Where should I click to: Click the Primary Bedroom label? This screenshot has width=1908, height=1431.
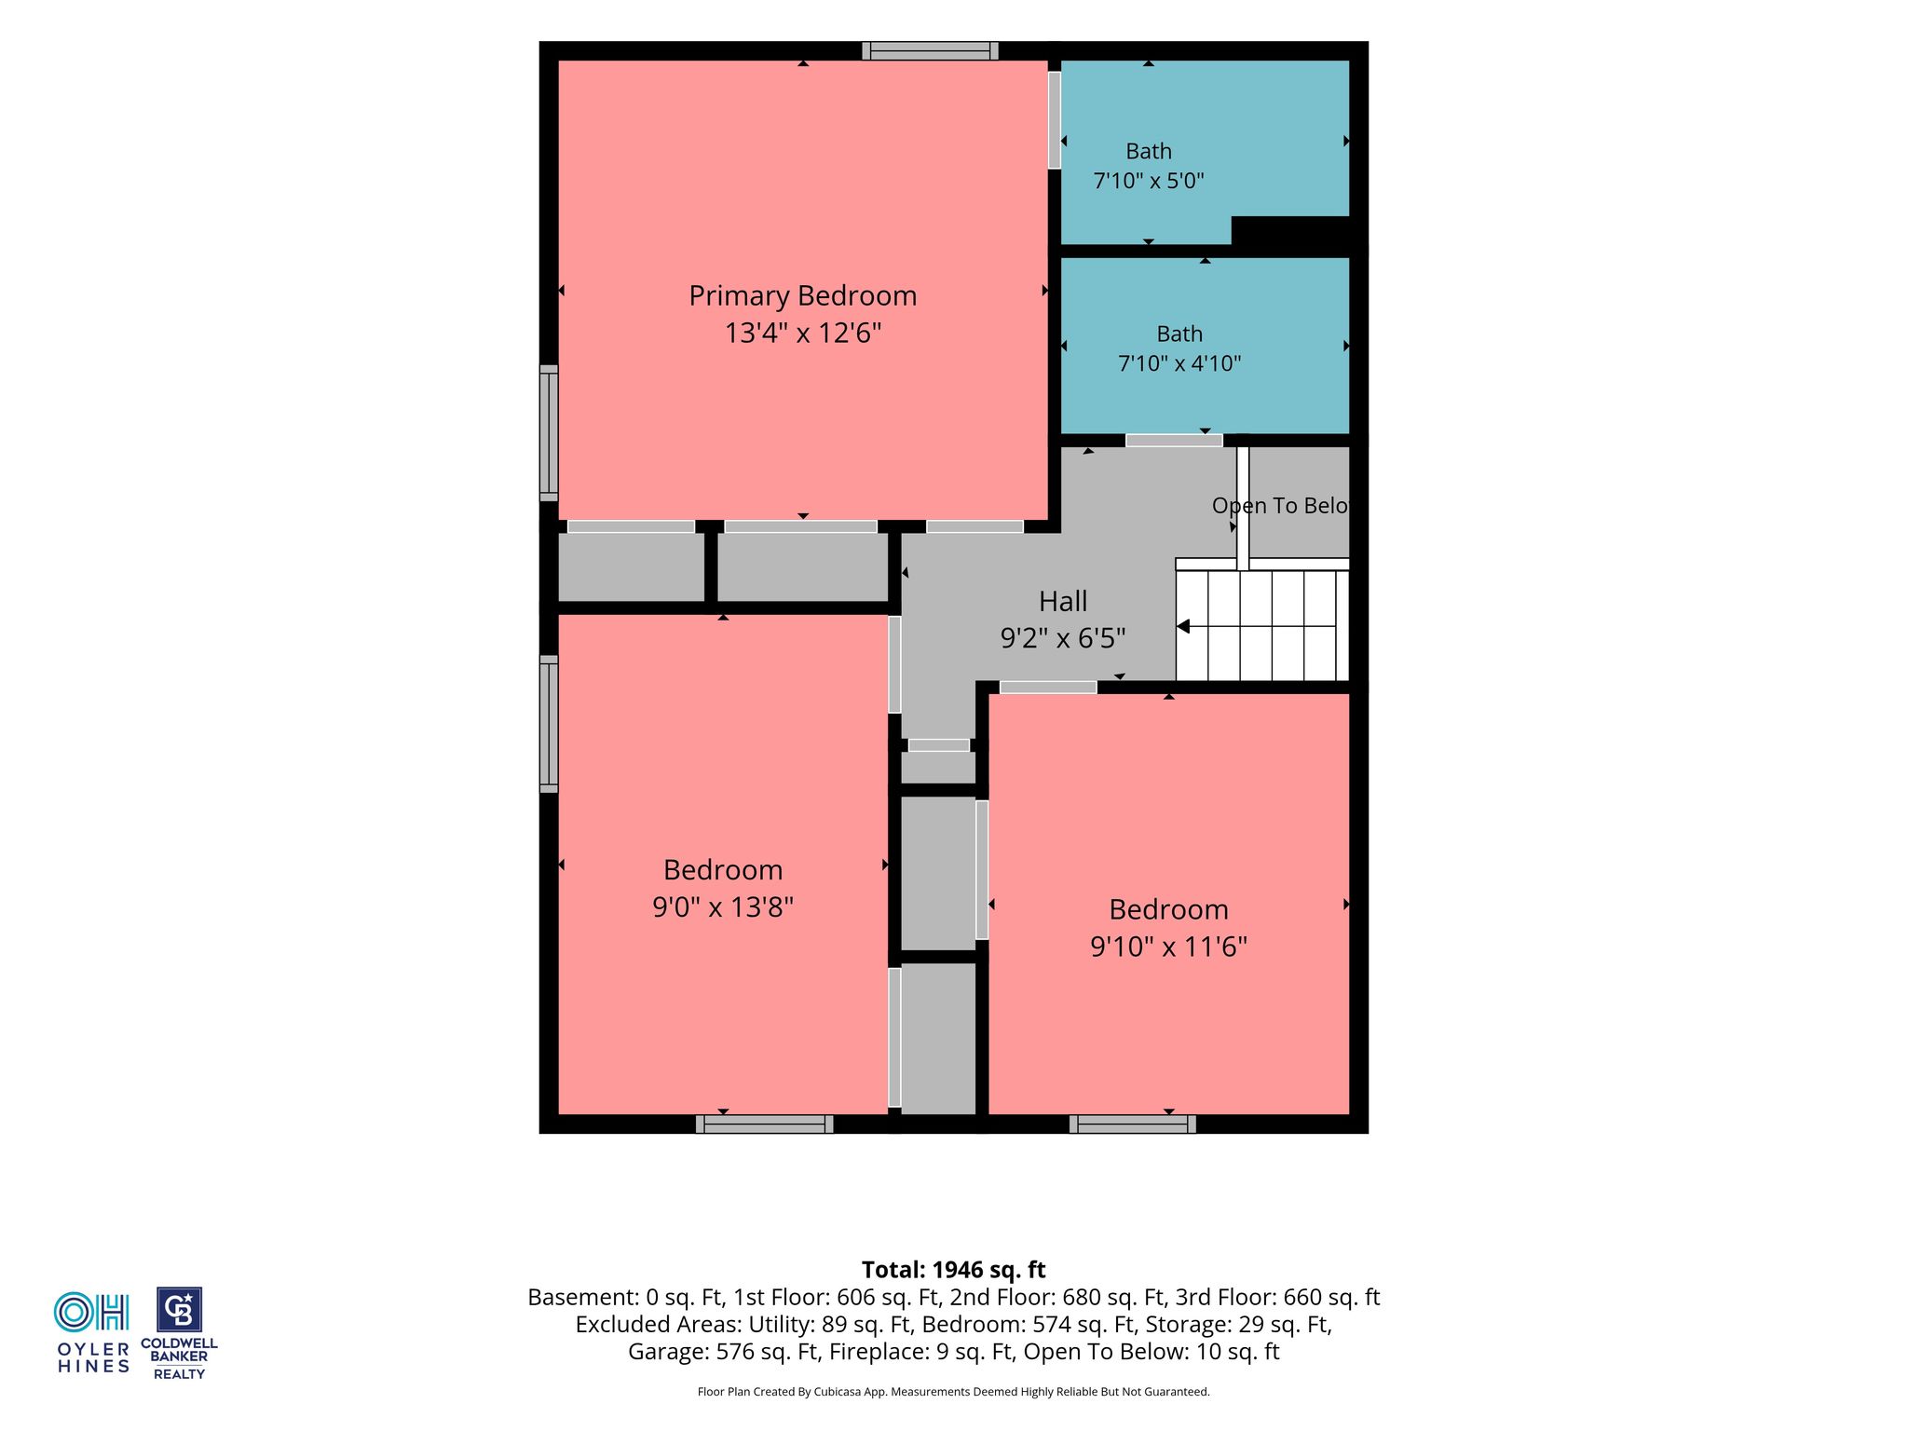[x=803, y=296]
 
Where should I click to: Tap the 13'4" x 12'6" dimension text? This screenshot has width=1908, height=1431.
[x=803, y=333]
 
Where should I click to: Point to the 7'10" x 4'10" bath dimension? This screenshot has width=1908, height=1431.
[x=1179, y=363]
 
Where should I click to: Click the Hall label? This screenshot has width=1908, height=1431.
[x=1063, y=601]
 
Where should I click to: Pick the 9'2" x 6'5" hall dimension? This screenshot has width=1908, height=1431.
[x=1063, y=638]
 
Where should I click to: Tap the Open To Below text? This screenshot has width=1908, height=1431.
[x=1280, y=506]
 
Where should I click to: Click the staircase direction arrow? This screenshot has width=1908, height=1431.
[x=1184, y=627]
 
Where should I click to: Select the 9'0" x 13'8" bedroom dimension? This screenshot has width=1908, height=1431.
[x=723, y=906]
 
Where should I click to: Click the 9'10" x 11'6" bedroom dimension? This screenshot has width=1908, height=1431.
[x=1169, y=947]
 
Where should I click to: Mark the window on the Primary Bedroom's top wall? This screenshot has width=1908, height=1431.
[x=930, y=51]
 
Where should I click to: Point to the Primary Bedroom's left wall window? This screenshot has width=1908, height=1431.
[x=549, y=433]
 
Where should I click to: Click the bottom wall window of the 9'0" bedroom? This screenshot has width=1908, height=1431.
[x=765, y=1124]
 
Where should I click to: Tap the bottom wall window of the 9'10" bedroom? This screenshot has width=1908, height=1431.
[x=1133, y=1124]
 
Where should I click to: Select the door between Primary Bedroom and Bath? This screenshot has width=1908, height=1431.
[x=1055, y=120]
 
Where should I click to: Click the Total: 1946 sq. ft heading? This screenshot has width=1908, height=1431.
[x=954, y=1270]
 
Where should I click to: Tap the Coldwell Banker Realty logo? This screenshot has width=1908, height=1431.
[x=179, y=1333]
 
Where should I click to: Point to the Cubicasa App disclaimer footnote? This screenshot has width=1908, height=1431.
[x=954, y=1392]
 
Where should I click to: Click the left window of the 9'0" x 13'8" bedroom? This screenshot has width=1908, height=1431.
[x=549, y=724]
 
